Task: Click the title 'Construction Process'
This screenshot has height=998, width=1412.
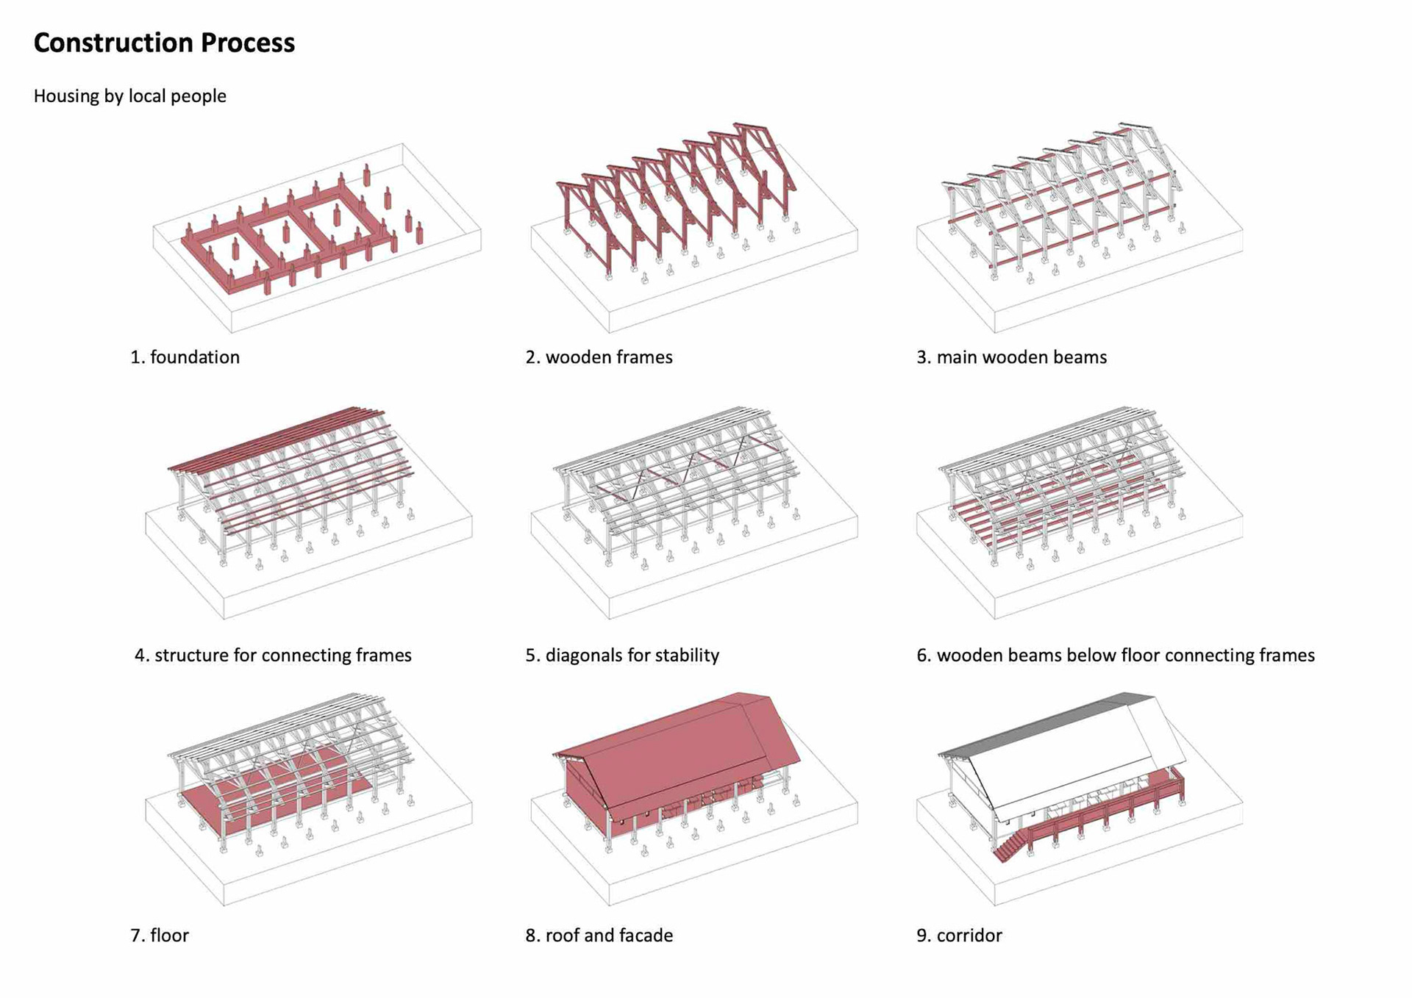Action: (x=164, y=43)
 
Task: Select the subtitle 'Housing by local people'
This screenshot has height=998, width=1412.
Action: (x=129, y=96)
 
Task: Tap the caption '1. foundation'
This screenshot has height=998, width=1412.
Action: (x=185, y=357)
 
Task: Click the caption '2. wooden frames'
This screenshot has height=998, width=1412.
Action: (x=599, y=357)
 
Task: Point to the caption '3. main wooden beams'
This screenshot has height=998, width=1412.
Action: (x=1011, y=357)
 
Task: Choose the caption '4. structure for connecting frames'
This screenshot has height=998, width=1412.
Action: (x=273, y=655)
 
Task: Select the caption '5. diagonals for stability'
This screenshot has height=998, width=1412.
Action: (x=622, y=655)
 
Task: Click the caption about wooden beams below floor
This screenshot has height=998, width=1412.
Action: (x=1115, y=655)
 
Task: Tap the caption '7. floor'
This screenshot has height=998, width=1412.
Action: (x=160, y=935)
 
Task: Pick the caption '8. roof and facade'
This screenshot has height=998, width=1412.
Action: (x=599, y=935)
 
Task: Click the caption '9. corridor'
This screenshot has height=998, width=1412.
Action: (x=959, y=935)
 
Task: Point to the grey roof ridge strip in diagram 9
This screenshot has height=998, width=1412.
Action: (x=1044, y=724)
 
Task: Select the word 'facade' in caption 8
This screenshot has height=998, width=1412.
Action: (x=647, y=935)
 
